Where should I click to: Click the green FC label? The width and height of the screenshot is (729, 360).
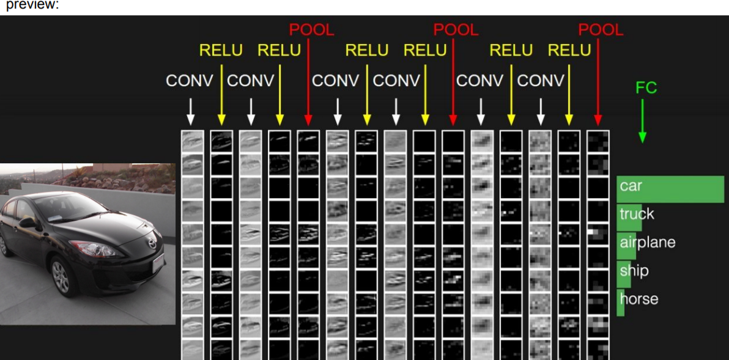point(646,88)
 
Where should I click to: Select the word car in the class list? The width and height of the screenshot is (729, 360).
point(631,185)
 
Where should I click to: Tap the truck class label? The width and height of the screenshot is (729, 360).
point(637,214)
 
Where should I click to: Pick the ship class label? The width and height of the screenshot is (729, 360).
point(634,270)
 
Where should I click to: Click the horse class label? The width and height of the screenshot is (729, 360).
point(638,299)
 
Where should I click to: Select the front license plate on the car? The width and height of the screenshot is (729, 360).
point(158,262)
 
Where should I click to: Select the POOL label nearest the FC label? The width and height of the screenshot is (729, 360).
point(601,29)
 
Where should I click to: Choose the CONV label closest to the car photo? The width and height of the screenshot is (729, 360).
point(190,81)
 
